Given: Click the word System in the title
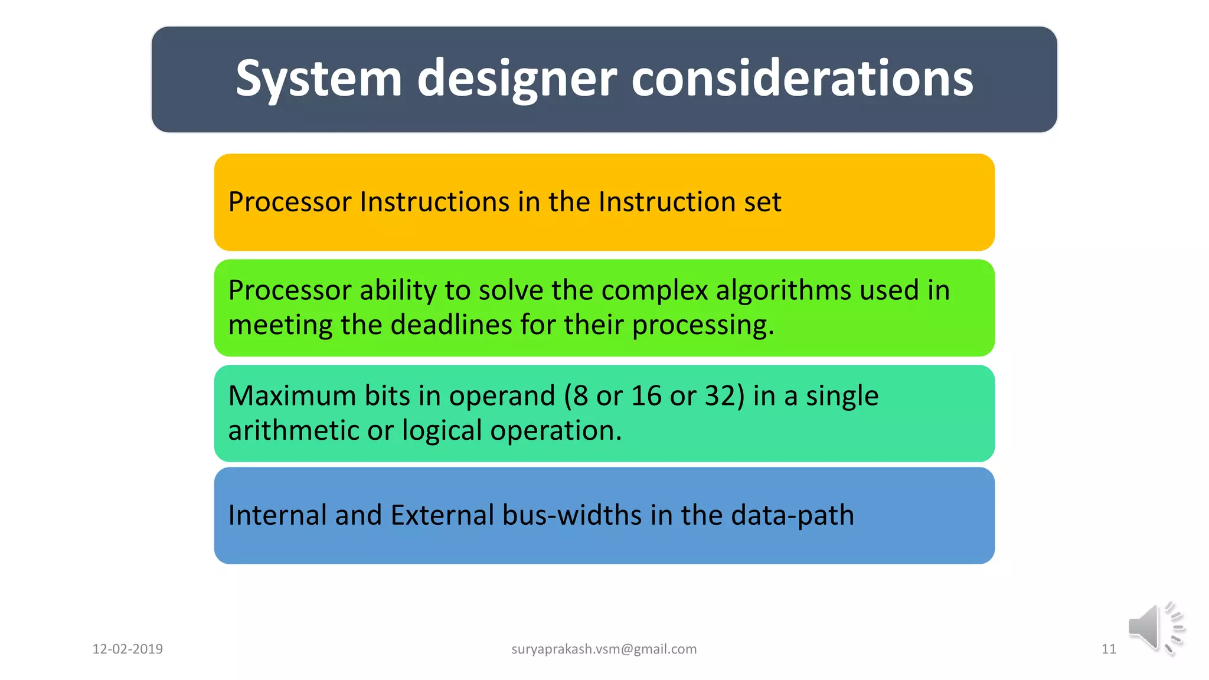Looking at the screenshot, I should coord(318,79).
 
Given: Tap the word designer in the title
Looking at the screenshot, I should coord(517,79).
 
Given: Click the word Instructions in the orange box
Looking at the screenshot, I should coord(435,202).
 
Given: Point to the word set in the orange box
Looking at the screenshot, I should coord(762,202).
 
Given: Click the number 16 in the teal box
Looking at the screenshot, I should coord(646,395).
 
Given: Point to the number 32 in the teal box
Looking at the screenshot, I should coord(719,395).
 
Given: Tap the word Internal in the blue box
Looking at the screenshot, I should coord(277,515).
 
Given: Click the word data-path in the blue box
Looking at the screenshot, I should coord(792,515).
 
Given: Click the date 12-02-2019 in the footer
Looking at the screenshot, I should coord(128,649).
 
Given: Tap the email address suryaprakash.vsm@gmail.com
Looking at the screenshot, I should coord(604,649).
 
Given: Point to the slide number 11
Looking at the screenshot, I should coord(1109,649).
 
